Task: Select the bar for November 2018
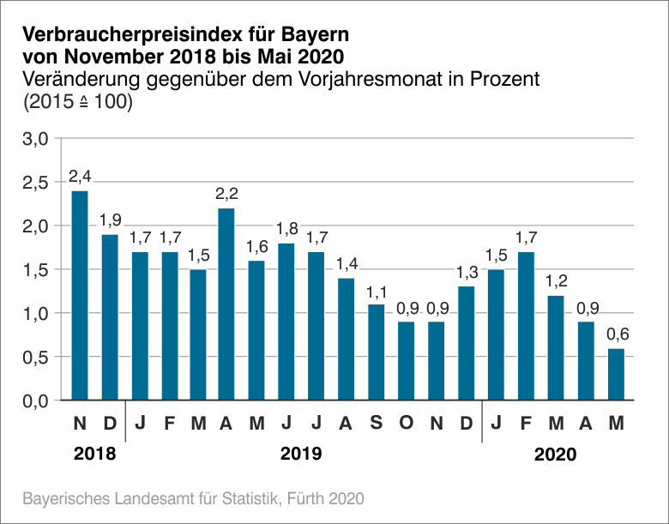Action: [x=80, y=296]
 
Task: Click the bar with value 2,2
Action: [x=227, y=304]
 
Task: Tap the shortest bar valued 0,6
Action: [x=616, y=374]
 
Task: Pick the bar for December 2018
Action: [x=110, y=317]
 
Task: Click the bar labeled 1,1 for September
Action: [x=377, y=352]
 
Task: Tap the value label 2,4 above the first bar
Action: [x=80, y=177]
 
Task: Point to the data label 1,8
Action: [x=287, y=229]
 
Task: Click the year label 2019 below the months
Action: [x=301, y=454]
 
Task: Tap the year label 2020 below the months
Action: [x=556, y=454]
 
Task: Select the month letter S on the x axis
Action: [x=377, y=423]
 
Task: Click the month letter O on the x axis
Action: [x=407, y=423]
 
